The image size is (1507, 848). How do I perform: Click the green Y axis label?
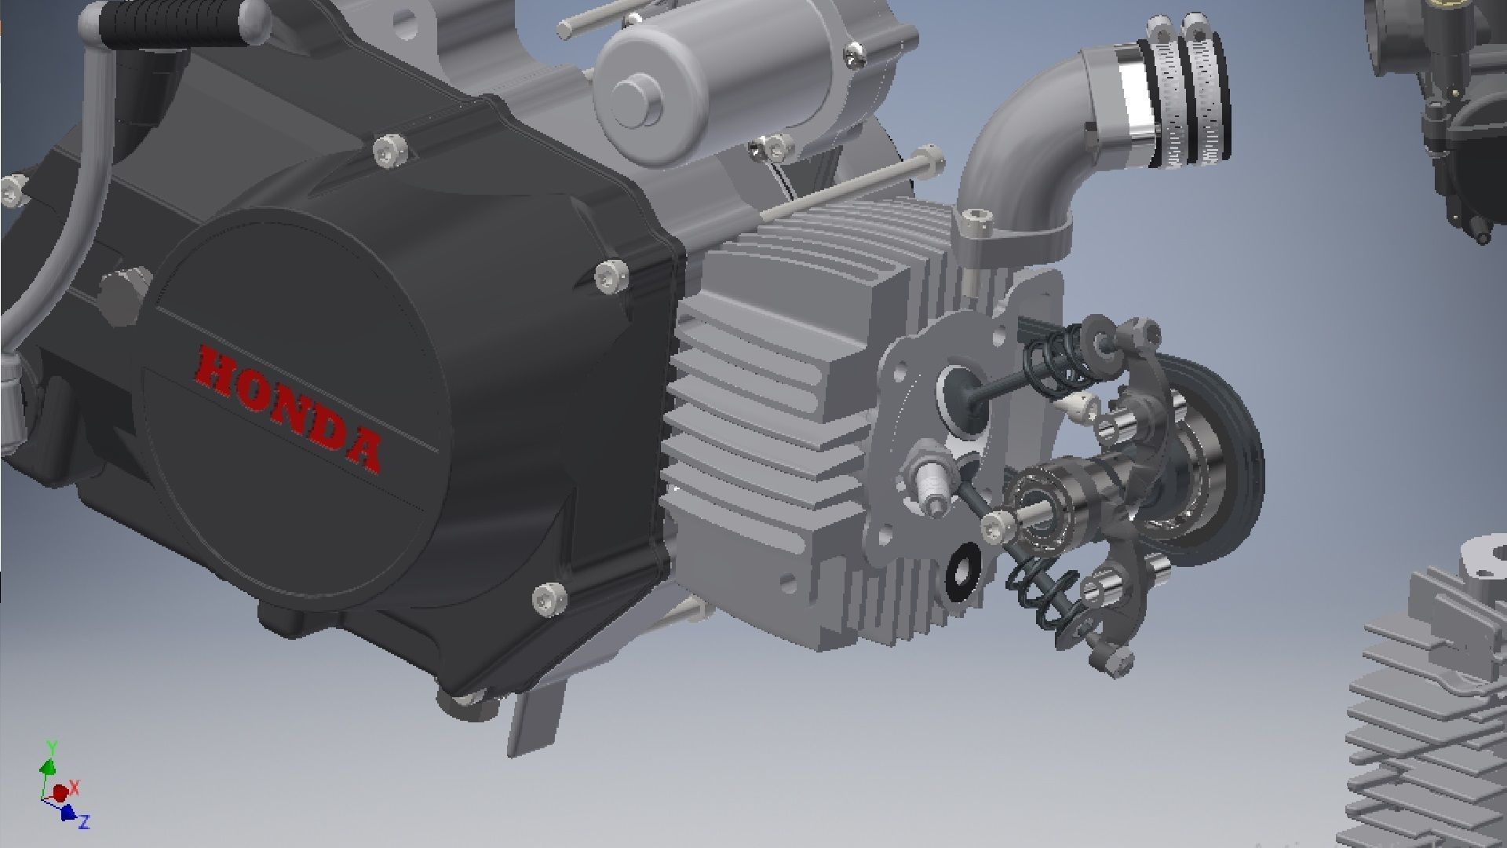click(x=51, y=746)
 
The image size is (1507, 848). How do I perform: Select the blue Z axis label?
click(x=84, y=822)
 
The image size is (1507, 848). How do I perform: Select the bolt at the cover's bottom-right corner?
click(x=549, y=598)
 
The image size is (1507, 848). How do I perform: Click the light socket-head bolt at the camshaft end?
click(x=995, y=523)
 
